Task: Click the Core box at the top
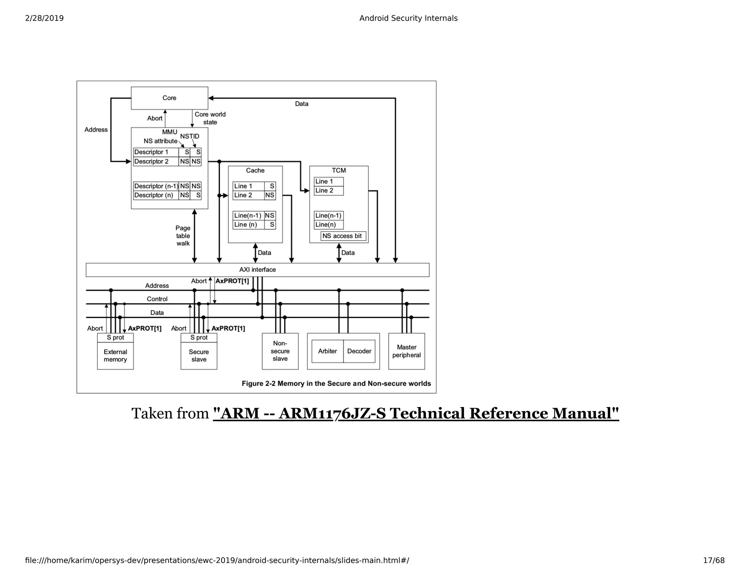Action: click(169, 98)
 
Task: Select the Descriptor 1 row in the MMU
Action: click(156, 152)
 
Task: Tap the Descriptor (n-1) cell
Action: click(156, 186)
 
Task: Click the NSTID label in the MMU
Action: click(189, 136)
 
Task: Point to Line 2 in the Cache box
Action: click(248, 195)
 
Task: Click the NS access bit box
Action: click(343, 236)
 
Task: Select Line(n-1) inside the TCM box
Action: click(328, 216)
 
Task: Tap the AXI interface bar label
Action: click(257, 270)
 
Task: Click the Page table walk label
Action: click(183, 236)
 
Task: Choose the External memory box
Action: click(115, 356)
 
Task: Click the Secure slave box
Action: click(199, 356)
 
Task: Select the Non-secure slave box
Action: click(280, 351)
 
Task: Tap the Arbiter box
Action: click(327, 351)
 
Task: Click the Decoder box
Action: click(359, 351)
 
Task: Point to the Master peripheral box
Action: click(406, 351)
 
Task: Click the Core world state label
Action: click(210, 118)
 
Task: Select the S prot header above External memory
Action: click(115, 337)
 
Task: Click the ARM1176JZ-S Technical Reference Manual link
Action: click(416, 414)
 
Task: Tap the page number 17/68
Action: click(713, 560)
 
